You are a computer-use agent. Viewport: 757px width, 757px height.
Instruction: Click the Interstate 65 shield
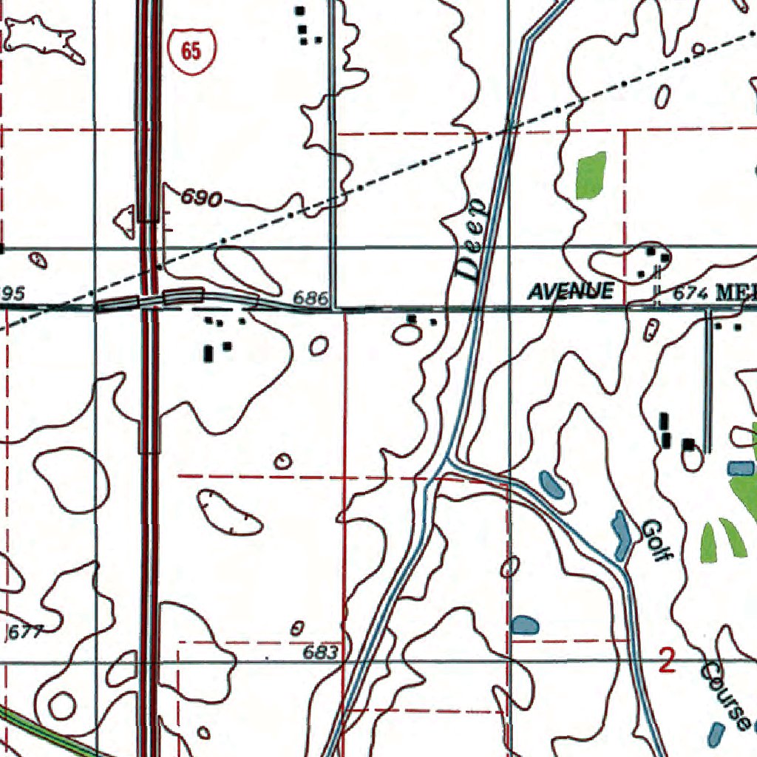(x=191, y=50)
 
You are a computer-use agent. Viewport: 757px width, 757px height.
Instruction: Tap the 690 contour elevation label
(x=202, y=198)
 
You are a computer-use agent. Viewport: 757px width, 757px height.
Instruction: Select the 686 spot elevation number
(x=310, y=298)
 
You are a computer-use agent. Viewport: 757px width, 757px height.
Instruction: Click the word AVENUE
(x=571, y=291)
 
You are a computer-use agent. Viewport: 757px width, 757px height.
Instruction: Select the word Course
(x=725, y=695)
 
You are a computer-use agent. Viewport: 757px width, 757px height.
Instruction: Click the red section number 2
(x=667, y=660)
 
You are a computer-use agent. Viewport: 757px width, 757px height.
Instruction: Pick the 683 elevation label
(x=321, y=653)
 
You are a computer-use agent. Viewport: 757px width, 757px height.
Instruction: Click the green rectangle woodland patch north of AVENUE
(x=591, y=175)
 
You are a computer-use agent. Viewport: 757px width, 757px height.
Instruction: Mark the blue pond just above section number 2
(x=525, y=625)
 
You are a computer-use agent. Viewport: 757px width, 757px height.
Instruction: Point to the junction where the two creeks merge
(x=446, y=466)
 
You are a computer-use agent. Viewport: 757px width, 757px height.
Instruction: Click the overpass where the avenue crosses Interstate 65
(x=151, y=300)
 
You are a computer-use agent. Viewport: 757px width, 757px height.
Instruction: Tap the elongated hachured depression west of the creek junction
(x=229, y=512)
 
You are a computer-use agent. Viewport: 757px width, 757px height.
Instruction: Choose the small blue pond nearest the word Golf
(x=620, y=534)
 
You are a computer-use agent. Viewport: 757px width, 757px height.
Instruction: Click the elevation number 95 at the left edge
(x=12, y=294)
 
